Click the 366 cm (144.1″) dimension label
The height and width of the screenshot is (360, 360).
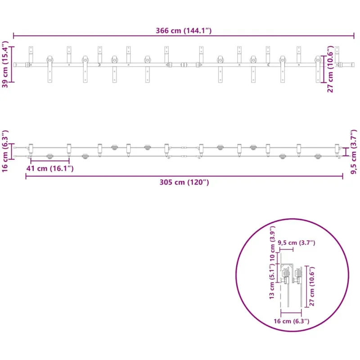click(184, 31)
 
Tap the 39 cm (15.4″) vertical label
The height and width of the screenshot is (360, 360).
click(5, 64)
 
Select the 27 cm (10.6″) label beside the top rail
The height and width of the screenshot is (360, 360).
click(330, 69)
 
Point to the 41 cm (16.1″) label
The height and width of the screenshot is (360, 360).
click(50, 168)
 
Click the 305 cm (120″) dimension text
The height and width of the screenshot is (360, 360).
click(184, 182)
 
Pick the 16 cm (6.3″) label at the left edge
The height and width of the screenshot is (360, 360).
click(5, 151)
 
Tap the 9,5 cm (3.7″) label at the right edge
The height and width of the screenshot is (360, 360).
click(354, 152)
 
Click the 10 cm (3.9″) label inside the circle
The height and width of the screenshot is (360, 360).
click(272, 243)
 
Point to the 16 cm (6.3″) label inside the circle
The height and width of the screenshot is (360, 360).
click(291, 321)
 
